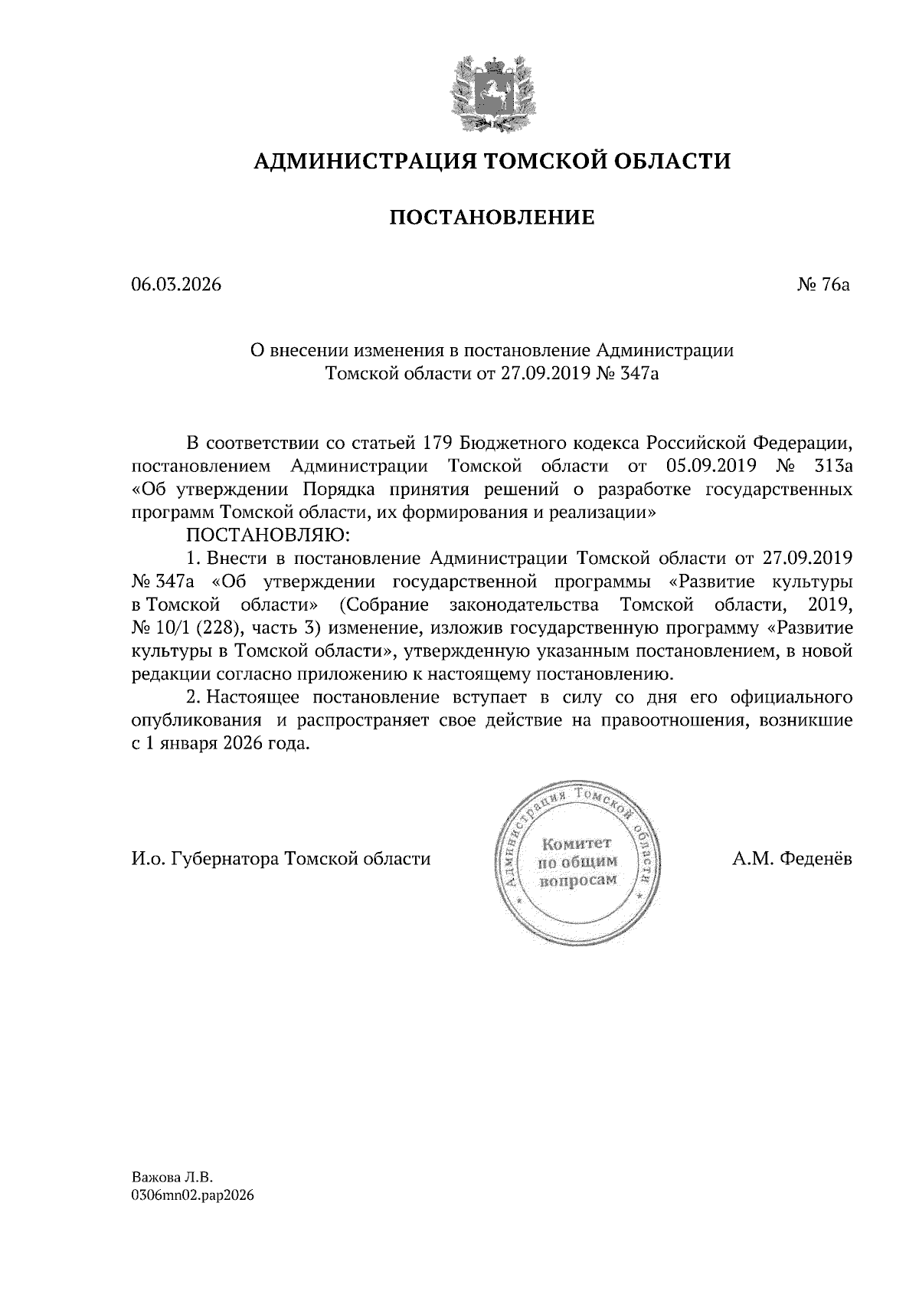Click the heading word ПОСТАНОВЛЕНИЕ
(x=492, y=219)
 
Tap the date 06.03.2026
(x=175, y=285)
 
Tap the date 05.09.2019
(x=712, y=465)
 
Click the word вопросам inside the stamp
(x=577, y=880)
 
